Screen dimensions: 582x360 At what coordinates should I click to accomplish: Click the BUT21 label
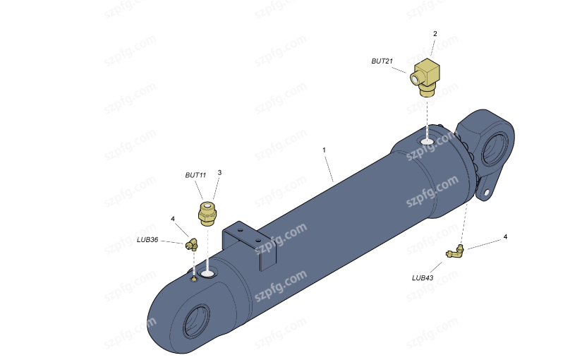(382, 61)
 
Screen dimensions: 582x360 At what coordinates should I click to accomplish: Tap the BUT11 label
(195, 175)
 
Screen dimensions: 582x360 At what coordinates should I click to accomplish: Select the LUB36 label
(147, 239)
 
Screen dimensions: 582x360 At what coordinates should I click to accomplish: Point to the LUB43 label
(423, 277)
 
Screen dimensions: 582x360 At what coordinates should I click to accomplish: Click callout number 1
(324, 150)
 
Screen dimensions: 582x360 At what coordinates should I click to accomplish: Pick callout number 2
(435, 34)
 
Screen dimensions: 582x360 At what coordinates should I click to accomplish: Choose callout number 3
(219, 173)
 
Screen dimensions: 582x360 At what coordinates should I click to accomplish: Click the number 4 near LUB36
(173, 220)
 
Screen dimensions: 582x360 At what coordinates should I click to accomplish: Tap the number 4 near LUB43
(505, 236)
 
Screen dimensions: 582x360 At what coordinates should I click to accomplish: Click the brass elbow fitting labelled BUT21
(425, 77)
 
